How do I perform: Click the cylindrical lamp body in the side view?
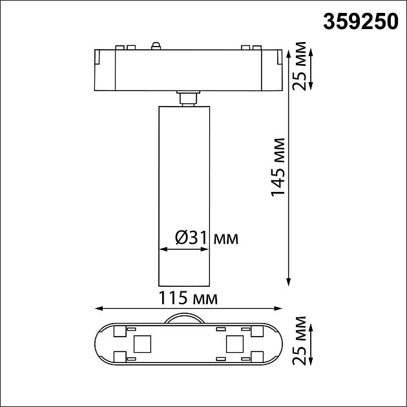185,194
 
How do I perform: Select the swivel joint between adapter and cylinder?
187,97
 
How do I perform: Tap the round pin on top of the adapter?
155,45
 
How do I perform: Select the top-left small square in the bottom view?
119,331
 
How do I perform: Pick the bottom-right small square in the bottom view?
256,355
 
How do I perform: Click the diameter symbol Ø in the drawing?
182,238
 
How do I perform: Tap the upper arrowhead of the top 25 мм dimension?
311,50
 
